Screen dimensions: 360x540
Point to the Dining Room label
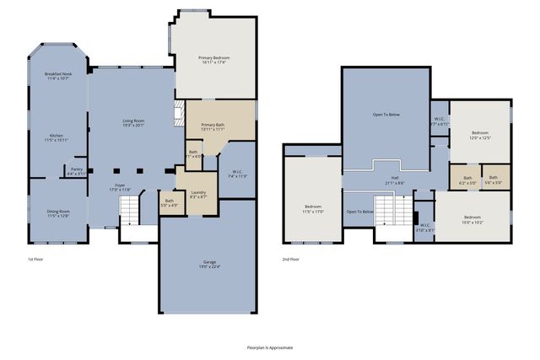[57, 213]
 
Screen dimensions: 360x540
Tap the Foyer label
[120, 186]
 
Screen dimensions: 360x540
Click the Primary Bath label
[213, 127]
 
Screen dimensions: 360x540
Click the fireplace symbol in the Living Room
[178, 113]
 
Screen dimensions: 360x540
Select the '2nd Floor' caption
[291, 260]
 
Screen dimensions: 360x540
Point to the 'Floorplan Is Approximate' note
[270, 347]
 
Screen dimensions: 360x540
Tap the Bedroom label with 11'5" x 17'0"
[314, 209]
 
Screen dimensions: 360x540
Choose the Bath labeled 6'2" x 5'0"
[467, 180]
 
